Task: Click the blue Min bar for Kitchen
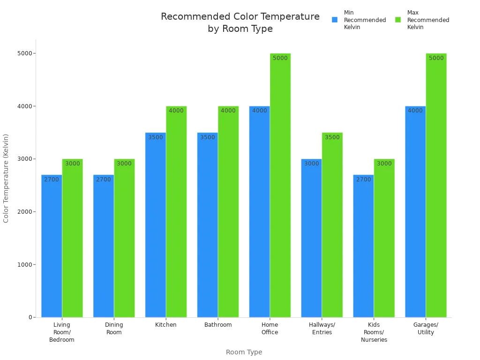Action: [156, 225]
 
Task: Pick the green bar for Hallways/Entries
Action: [332, 225]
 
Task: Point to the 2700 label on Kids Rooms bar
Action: [363, 180]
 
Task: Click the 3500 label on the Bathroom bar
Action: [207, 137]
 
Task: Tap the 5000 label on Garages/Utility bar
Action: [436, 58]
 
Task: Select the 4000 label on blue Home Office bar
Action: [259, 111]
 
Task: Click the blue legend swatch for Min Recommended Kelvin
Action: [335, 20]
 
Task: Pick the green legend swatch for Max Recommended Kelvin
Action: [398, 20]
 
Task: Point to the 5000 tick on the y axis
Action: [24, 53]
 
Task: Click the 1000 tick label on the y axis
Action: [24, 264]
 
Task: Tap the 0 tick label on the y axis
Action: [30, 317]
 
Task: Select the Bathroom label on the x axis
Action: [218, 325]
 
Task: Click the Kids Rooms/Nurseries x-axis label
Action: [374, 332]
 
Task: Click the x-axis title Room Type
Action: [244, 352]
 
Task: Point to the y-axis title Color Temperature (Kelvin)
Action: [6, 178]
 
